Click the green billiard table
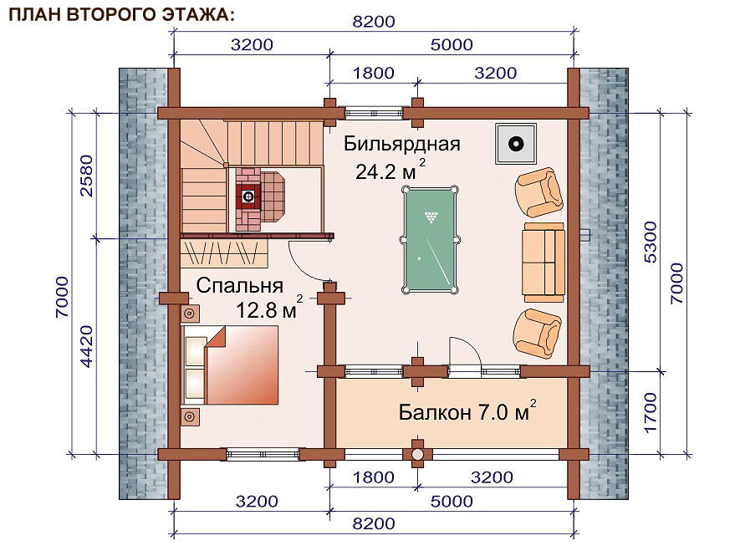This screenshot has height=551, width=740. click(x=430, y=240)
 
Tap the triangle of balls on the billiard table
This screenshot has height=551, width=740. click(x=431, y=217)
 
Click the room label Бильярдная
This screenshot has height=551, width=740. click(x=401, y=144)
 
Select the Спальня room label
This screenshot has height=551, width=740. click(x=240, y=285)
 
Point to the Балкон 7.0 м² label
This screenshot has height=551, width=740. click(x=467, y=411)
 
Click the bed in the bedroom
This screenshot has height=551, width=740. click(x=230, y=365)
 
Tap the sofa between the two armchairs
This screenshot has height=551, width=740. click(x=544, y=263)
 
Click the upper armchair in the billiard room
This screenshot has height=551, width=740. click(x=538, y=192)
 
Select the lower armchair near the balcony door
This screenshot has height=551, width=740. click(x=537, y=334)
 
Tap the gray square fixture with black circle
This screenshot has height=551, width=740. click(x=515, y=144)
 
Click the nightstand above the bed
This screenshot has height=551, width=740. click(x=191, y=314)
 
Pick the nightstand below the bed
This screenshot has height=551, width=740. click(x=191, y=417)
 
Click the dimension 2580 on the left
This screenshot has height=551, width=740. click(x=86, y=176)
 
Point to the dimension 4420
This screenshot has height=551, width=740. click(x=86, y=346)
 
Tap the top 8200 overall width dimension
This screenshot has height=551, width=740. click(x=374, y=22)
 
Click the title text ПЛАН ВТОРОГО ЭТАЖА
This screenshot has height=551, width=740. click(x=121, y=14)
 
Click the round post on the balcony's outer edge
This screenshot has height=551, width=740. click(x=418, y=454)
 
